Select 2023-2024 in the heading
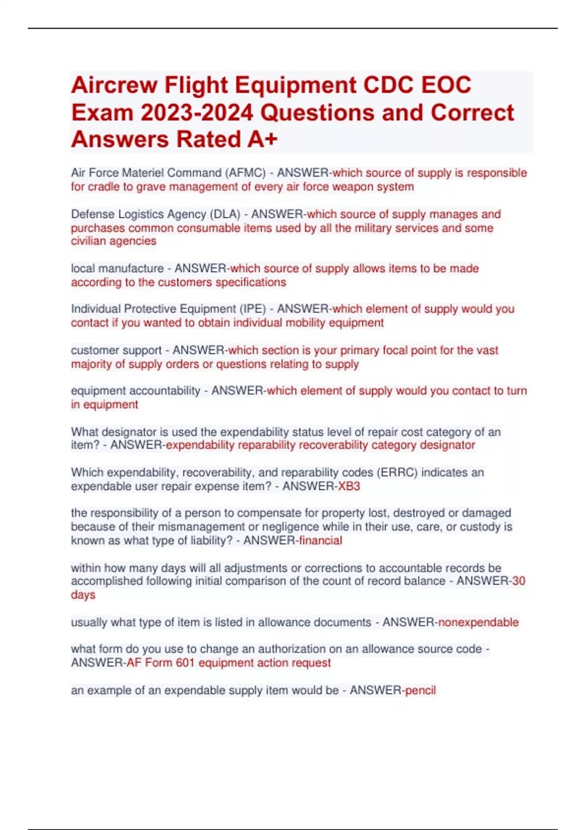click(x=197, y=113)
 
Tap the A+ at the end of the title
click(x=262, y=139)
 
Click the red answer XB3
click(x=349, y=486)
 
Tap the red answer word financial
click(x=320, y=540)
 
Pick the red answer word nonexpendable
click(x=479, y=622)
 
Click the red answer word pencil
click(x=420, y=690)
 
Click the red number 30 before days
click(x=519, y=581)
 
